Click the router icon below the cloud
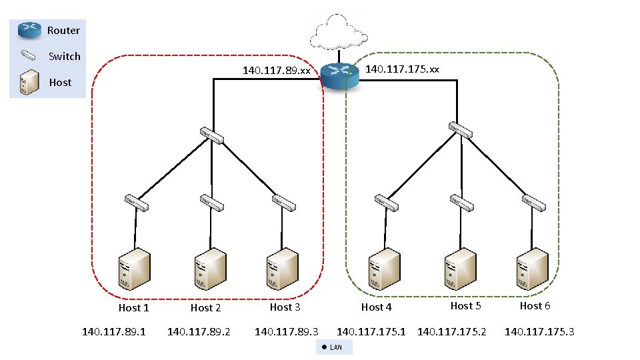pyautogui.click(x=339, y=75)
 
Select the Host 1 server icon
pyautogui.click(x=134, y=270)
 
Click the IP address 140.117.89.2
pyautogui.click(x=199, y=331)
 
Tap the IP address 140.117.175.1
pyautogui.click(x=371, y=331)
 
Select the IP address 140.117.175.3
pyautogui.click(x=539, y=331)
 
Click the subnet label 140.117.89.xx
pyautogui.click(x=277, y=70)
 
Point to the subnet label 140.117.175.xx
pyautogui.click(x=403, y=69)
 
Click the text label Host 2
pyautogui.click(x=205, y=308)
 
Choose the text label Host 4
pyautogui.click(x=377, y=307)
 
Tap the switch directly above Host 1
pyautogui.click(x=136, y=201)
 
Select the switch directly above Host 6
pyautogui.click(x=535, y=202)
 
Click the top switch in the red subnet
pyautogui.click(x=211, y=135)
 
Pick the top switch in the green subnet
pyautogui.click(x=460, y=130)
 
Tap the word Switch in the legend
pyautogui.click(x=65, y=57)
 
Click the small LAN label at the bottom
pyautogui.click(x=333, y=347)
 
